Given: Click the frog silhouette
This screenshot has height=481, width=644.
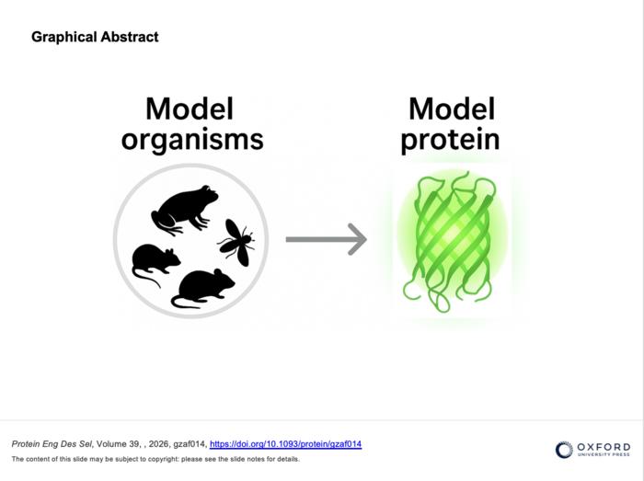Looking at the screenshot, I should pos(183,211).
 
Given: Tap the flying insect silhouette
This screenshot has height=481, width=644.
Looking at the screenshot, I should pos(236,242).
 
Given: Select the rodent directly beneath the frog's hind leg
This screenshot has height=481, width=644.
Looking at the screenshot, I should pos(155,262).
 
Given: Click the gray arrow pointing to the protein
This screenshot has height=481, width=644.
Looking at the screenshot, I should pos(326,240).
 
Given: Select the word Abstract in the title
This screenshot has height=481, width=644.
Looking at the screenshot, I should pos(131,37).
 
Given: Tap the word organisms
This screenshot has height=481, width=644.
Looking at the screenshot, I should pos(191,139).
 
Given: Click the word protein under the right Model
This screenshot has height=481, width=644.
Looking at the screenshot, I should pos(451,139).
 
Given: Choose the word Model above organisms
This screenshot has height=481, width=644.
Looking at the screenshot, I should pos(190,109).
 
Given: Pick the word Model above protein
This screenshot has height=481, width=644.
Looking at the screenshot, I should pos(451,109).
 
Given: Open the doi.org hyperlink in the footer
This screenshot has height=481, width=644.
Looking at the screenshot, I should pos(285,444).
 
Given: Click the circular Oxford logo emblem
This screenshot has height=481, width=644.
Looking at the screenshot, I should pos(564,449).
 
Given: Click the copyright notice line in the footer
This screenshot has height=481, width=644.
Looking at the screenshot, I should pos(155,459).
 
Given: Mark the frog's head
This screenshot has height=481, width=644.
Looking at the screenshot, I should pos(207,196).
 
